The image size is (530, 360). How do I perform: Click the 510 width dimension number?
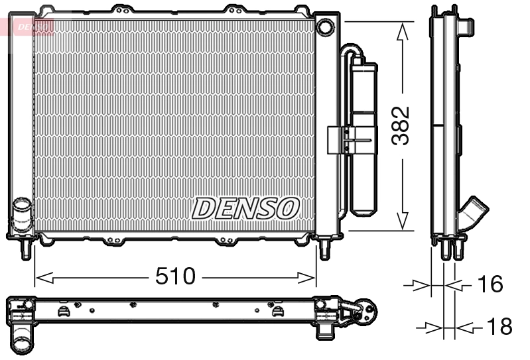click(176, 276)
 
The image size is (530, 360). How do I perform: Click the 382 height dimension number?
click(400, 125)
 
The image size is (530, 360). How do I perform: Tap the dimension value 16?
click(490, 284)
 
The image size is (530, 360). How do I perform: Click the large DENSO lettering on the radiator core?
click(245, 208)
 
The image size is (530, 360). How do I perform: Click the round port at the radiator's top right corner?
click(325, 27)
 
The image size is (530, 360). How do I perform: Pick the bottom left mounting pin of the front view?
click(27, 249)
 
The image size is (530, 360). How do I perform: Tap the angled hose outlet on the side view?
click(475, 213)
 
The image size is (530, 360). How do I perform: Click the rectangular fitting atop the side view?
click(467, 26)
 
